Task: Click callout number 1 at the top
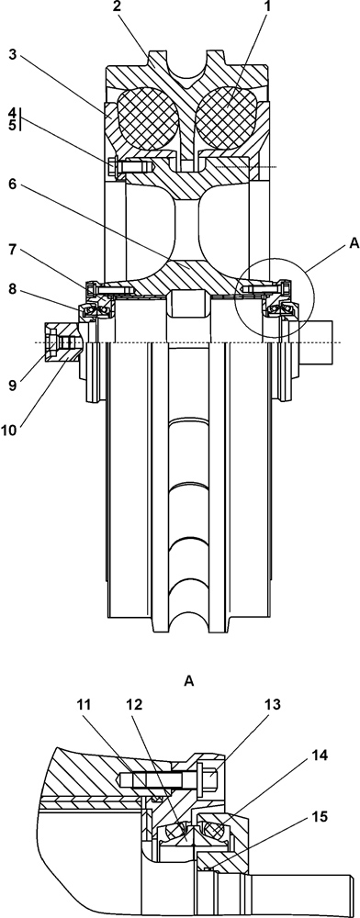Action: coord(267,7)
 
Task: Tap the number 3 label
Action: coord(12,56)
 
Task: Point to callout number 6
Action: coord(12,185)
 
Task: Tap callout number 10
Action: coord(12,431)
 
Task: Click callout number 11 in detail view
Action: coord(84,705)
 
